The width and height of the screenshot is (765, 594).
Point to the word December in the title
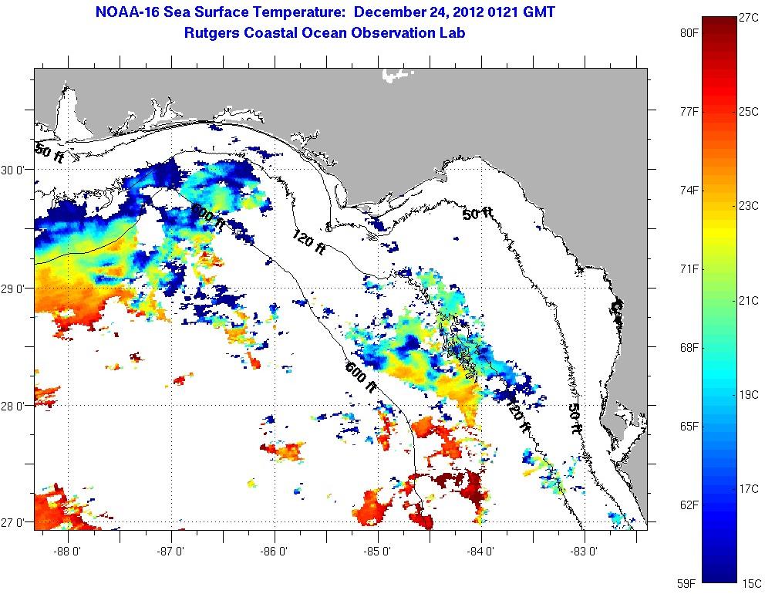coord(386,13)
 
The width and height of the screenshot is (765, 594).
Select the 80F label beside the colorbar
coord(688,33)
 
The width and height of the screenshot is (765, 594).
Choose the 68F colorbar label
coord(688,348)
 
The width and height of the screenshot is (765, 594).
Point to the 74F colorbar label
coord(688,191)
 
